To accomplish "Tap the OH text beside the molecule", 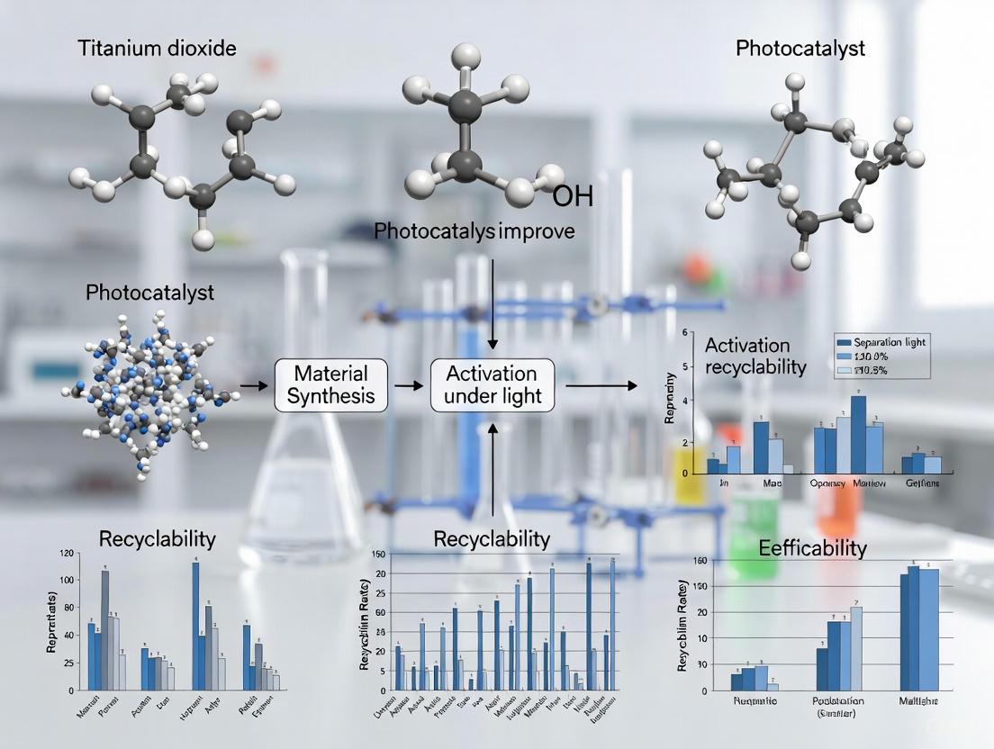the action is (x=572, y=196).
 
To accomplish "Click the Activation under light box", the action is (x=492, y=384).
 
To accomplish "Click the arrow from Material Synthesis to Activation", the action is (x=410, y=384).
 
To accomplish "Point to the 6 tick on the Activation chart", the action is (x=685, y=332).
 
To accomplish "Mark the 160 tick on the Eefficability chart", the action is (x=694, y=561).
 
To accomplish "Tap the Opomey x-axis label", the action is (x=827, y=483).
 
